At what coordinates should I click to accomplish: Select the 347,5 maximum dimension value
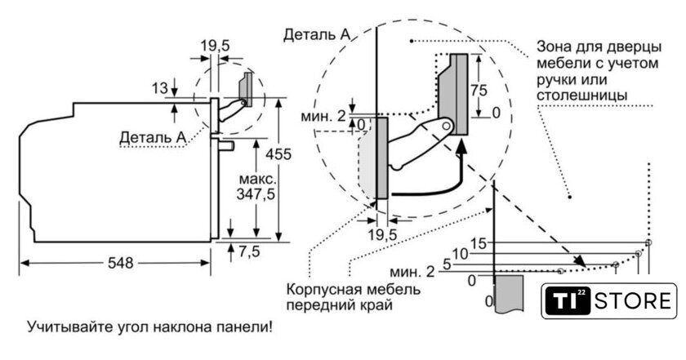[x=256, y=194]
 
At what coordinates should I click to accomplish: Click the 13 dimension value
[x=159, y=87]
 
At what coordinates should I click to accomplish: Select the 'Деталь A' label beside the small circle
[x=152, y=136]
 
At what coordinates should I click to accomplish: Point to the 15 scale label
[x=478, y=242]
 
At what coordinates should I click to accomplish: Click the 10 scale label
[x=461, y=254]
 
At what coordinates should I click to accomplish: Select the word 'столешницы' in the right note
[x=582, y=96]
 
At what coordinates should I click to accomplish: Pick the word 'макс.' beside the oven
[x=257, y=178]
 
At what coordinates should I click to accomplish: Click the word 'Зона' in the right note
[x=554, y=45]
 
